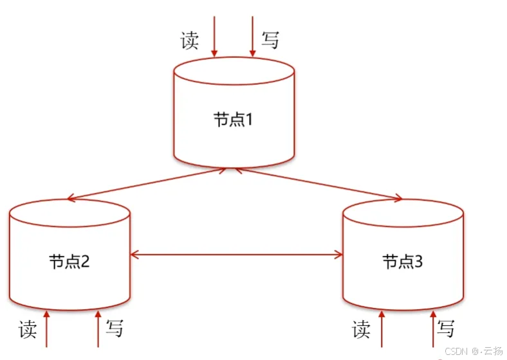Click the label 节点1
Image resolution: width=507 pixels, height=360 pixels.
[x=235, y=120]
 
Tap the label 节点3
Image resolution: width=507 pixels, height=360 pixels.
[x=403, y=262]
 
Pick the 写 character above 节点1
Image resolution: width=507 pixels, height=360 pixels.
[x=270, y=40]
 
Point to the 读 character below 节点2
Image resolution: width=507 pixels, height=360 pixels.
[x=28, y=329]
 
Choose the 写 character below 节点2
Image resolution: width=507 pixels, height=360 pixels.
[x=115, y=329]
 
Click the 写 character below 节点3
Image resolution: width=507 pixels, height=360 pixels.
[x=446, y=329]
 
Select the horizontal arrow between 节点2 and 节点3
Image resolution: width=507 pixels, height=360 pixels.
[x=236, y=256]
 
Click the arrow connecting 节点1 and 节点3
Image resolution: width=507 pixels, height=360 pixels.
[x=318, y=184]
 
